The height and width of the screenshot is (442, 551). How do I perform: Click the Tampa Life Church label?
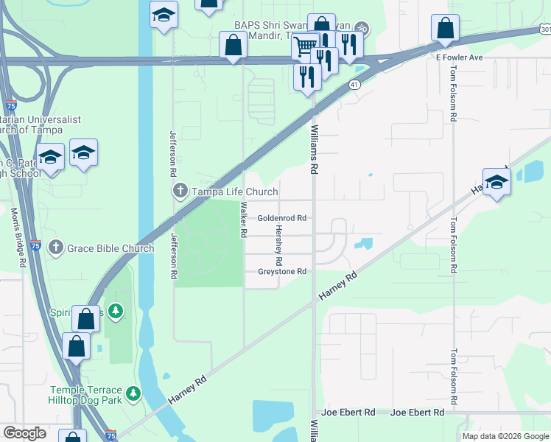point(225,192)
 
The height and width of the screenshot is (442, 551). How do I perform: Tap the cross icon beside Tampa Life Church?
point(180,192)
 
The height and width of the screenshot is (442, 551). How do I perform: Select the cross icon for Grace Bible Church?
point(56,248)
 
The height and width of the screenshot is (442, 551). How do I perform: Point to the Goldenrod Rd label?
point(281,218)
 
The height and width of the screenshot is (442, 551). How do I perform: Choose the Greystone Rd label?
point(281,272)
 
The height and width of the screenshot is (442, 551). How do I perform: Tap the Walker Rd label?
point(242,220)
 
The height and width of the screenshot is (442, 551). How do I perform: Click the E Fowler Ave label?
point(458,57)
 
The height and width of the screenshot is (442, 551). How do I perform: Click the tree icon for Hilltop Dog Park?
point(133,394)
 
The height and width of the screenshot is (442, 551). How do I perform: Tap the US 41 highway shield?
point(354,85)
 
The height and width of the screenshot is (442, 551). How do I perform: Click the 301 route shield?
point(544,29)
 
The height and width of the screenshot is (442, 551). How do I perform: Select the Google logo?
point(25,433)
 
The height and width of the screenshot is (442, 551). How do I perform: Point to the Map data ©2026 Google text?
point(505,436)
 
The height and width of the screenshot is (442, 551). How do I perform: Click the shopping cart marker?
point(304,47)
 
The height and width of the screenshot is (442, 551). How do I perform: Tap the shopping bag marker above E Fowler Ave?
point(445,29)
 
